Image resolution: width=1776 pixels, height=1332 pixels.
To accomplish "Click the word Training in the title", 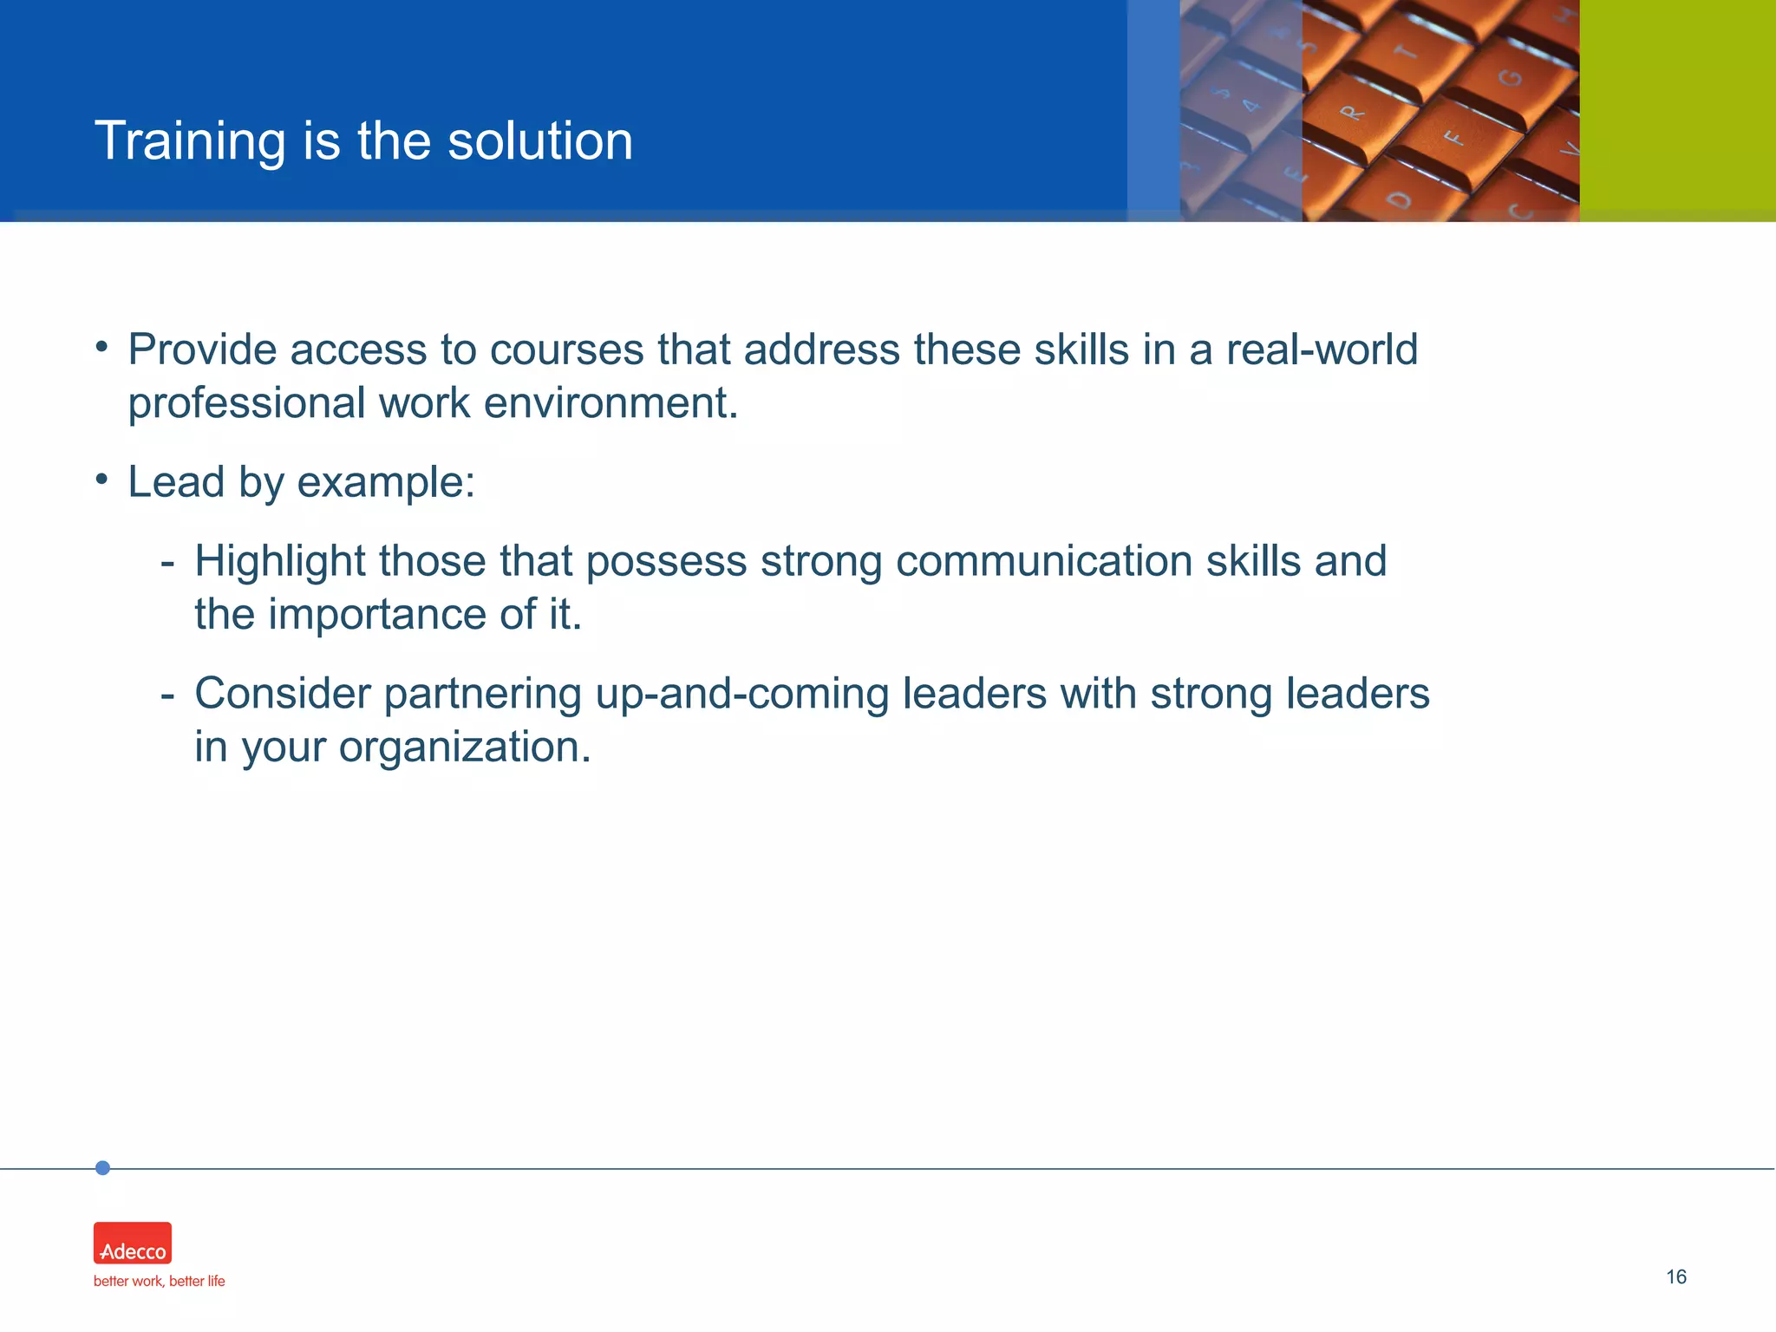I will (190, 141).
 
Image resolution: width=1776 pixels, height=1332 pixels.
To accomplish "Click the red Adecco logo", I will (133, 1243).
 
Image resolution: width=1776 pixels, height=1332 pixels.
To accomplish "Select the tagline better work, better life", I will (159, 1281).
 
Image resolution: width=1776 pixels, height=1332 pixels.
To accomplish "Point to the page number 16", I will (1675, 1276).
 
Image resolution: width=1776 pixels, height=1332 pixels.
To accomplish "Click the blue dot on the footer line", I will (102, 1168).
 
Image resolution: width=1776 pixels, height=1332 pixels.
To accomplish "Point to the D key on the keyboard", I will (1399, 199).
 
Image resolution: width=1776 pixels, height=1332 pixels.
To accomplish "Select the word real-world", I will (1321, 350).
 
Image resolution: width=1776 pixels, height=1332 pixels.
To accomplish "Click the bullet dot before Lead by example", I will (101, 479).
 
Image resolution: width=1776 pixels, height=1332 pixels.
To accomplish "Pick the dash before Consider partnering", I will (167, 695).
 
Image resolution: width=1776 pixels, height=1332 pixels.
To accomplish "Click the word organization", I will (464, 748).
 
